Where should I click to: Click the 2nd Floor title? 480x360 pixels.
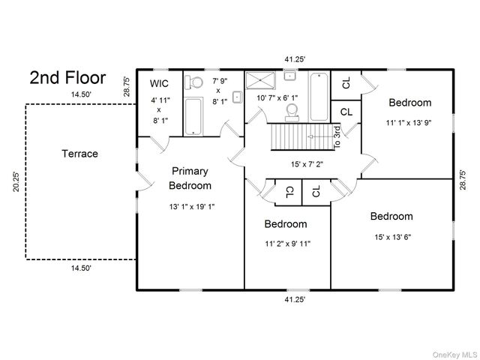coord(67,77)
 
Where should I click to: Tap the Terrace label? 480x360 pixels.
coord(80,153)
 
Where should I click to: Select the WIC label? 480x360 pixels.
coord(159,83)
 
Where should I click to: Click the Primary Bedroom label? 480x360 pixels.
coord(190,178)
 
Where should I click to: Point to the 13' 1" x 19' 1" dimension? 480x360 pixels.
coord(192,207)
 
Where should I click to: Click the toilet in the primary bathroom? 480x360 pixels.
coord(193,82)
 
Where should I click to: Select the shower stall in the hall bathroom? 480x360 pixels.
coord(260,80)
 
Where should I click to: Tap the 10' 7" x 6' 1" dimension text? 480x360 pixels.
coord(277,98)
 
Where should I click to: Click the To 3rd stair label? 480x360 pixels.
coord(337,137)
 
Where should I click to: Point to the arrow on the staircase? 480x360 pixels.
coord(320,136)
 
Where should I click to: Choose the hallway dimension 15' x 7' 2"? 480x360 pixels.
coord(307,164)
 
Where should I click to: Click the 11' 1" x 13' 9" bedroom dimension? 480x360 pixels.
coord(409,123)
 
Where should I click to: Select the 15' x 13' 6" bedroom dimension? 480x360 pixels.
coord(393,237)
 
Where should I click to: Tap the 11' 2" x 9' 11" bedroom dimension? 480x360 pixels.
coord(288,244)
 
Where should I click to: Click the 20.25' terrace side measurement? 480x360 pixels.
coord(16,181)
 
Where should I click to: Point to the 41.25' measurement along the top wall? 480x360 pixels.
coord(295,59)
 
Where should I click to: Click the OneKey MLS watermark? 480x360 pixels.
coord(454,355)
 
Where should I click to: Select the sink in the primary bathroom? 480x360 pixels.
coord(237,97)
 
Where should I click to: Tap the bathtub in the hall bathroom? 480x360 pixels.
coord(319,97)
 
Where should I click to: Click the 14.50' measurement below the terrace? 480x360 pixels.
coord(82,268)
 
